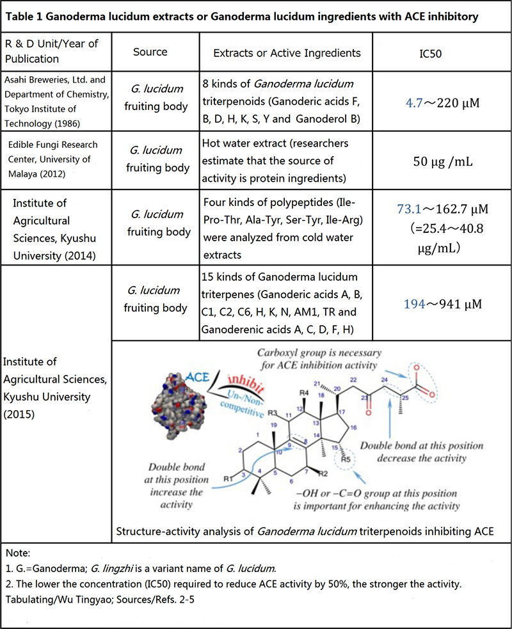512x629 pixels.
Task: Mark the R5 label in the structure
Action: (347, 458)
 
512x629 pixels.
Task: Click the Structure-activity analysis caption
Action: (305, 530)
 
